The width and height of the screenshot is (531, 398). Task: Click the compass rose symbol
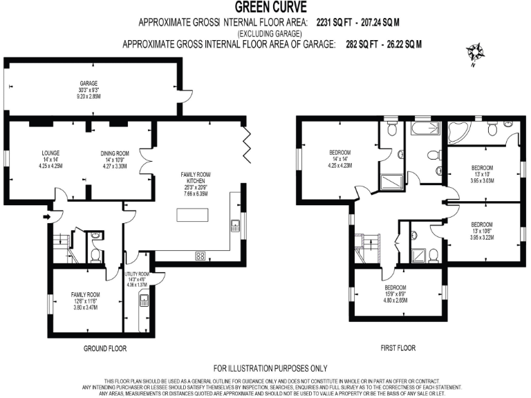click(476, 53)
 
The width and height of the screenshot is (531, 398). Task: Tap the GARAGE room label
click(88, 84)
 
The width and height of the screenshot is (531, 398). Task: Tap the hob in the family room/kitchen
click(201, 256)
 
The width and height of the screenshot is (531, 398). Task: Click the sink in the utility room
click(145, 301)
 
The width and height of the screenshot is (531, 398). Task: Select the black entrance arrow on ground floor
click(46, 217)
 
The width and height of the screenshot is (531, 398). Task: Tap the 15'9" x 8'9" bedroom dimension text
click(395, 295)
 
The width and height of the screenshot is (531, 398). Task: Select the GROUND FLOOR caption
click(105, 348)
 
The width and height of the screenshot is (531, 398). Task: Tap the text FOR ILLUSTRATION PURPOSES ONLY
click(270, 368)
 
